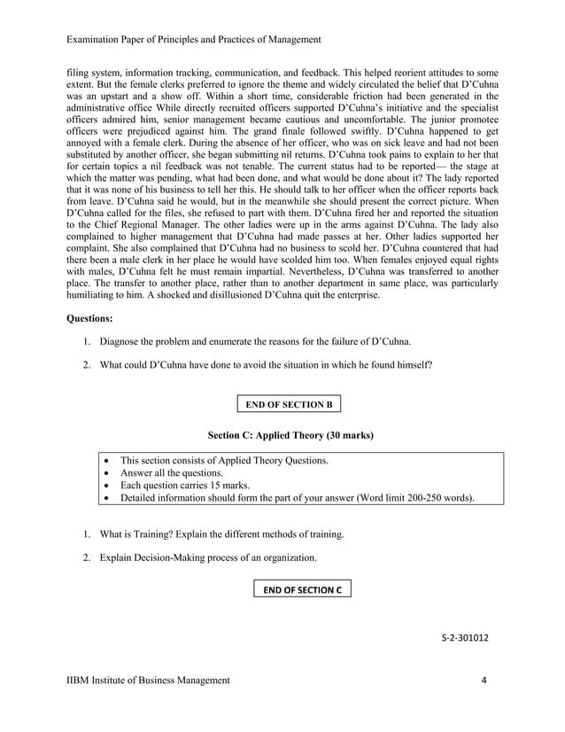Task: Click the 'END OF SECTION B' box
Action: tap(289, 405)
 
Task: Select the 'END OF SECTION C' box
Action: tap(302, 589)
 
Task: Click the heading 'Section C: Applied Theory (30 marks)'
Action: tap(290, 436)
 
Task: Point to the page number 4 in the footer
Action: tap(484, 680)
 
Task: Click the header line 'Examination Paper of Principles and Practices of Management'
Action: tap(194, 40)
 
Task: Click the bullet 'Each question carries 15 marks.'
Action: tap(184, 486)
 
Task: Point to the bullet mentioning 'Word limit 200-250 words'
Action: tap(297, 498)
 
